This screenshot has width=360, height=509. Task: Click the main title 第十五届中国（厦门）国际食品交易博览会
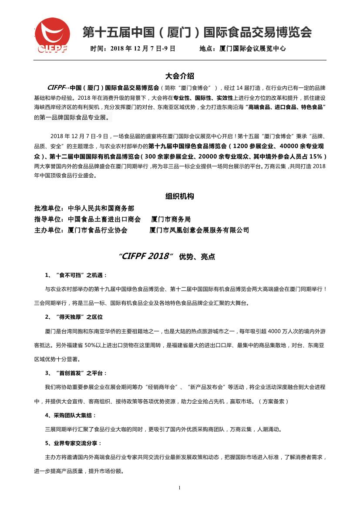197,33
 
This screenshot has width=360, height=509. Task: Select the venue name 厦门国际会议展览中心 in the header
253,49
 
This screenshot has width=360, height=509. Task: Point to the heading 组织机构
180,196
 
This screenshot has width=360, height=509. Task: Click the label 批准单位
48,208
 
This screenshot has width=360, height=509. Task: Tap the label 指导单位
48,219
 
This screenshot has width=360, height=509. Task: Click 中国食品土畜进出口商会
104,219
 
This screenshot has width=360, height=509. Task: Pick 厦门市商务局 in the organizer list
171,219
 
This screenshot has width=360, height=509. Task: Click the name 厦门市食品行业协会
98,230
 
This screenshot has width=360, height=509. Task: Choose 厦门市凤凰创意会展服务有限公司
199,230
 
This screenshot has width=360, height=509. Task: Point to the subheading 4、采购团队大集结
71,415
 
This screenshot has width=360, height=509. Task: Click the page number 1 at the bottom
179,487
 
